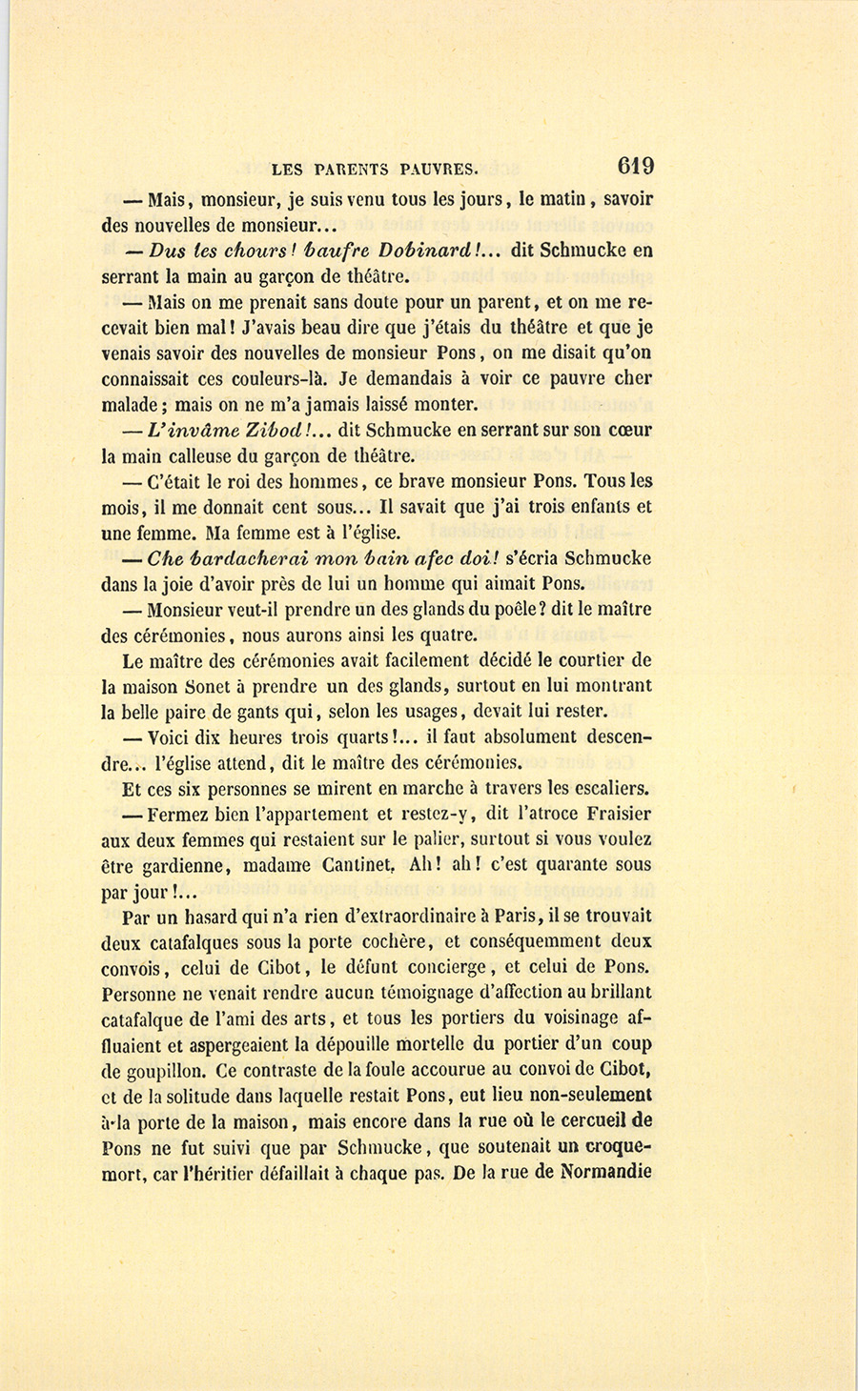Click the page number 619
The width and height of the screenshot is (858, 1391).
635,166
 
